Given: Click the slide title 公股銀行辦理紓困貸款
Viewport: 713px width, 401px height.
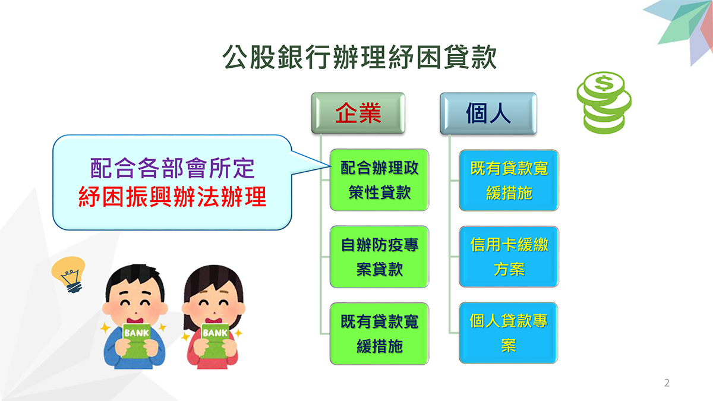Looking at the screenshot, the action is click(x=359, y=57).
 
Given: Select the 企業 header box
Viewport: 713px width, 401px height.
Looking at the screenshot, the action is click(x=358, y=113).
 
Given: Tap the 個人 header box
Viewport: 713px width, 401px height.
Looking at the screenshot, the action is click(x=488, y=113).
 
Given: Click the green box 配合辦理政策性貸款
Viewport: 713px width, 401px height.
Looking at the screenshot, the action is click(x=379, y=180).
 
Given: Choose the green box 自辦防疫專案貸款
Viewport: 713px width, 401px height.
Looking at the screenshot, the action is click(x=379, y=257).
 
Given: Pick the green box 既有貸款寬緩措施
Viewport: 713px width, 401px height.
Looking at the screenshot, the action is click(x=379, y=333).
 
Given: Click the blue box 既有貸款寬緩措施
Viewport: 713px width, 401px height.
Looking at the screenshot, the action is click(x=509, y=180).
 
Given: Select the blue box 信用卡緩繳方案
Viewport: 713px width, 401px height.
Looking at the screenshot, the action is click(x=509, y=257).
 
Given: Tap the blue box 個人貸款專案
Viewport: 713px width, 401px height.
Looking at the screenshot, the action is click(x=509, y=333).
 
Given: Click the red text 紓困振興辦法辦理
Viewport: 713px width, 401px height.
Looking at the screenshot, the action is click(x=172, y=197).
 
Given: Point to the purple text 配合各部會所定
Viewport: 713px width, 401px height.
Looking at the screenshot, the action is click(x=172, y=168).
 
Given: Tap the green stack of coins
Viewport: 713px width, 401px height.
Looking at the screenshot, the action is click(x=604, y=102).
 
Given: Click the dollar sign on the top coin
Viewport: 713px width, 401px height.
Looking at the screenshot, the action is click(x=604, y=83).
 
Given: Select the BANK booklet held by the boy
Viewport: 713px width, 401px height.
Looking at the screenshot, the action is click(x=136, y=340).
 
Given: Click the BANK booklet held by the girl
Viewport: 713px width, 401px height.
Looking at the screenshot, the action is click(x=215, y=340).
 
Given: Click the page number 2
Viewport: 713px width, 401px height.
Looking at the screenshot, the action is click(x=667, y=383).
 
